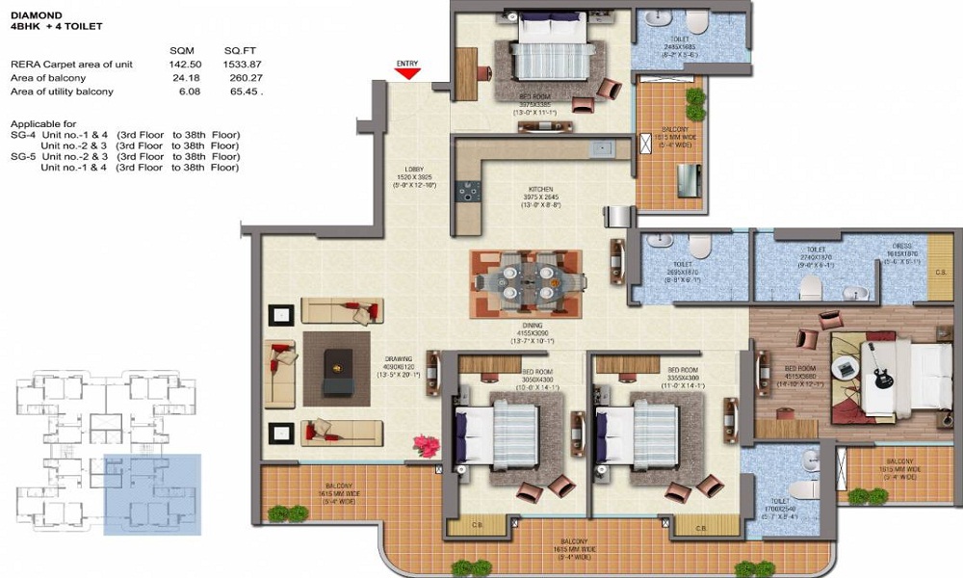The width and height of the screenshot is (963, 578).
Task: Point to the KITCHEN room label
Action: tap(540, 189)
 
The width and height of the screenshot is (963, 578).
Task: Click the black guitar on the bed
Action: tap(879, 367)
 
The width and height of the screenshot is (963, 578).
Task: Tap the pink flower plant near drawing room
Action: tap(425, 445)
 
